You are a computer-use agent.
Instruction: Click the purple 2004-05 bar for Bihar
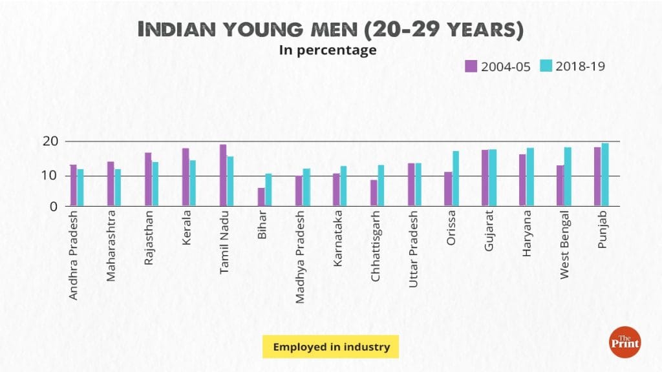click(x=261, y=197)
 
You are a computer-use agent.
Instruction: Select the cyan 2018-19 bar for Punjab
click(x=605, y=175)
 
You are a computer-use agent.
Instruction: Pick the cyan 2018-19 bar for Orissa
click(x=456, y=179)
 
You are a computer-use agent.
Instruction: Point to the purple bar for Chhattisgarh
click(x=374, y=193)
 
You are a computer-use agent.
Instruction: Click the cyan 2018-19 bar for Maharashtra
click(x=118, y=188)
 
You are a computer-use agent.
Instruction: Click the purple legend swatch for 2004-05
click(x=471, y=65)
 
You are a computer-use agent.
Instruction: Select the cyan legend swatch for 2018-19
click(x=546, y=65)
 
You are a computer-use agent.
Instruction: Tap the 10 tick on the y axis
click(x=52, y=176)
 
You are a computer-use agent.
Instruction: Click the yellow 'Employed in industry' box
click(x=331, y=347)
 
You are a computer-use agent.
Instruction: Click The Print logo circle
click(x=625, y=342)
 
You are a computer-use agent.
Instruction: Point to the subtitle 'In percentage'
click(x=328, y=50)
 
